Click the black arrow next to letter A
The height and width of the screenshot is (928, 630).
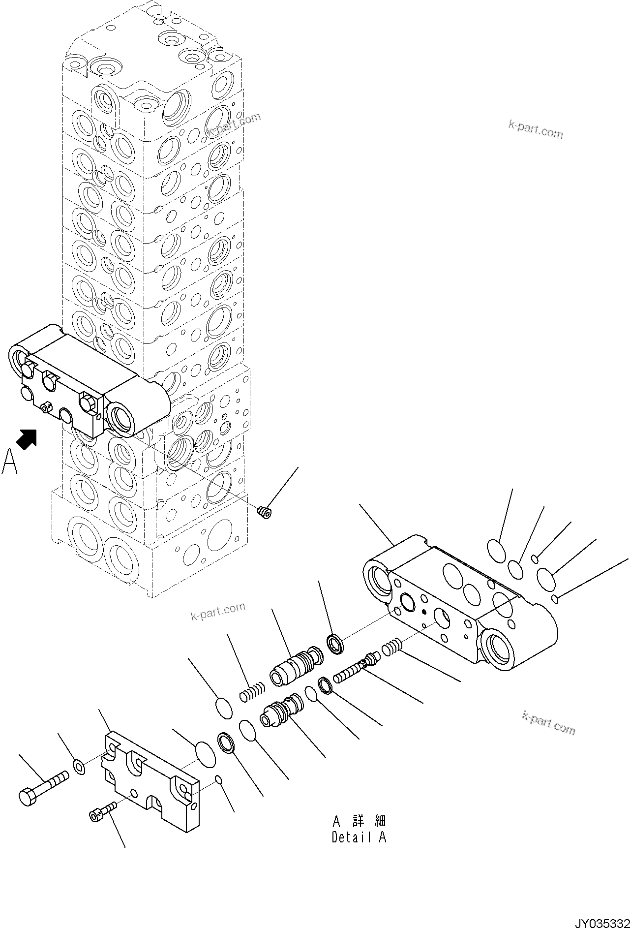tap(27, 439)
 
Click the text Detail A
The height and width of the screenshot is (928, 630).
tap(359, 837)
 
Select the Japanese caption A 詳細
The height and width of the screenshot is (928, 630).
tap(359, 821)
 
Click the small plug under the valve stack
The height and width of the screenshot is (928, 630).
tap(265, 512)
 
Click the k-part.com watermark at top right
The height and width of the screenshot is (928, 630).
tap(535, 129)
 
